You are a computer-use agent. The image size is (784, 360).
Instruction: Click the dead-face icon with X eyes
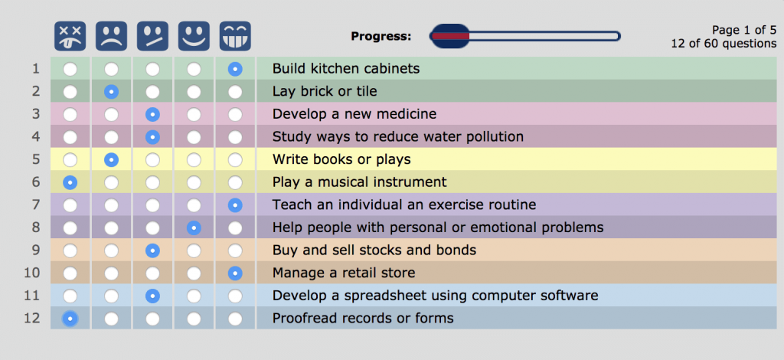[x=70, y=36]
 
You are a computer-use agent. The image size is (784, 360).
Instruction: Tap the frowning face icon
[x=112, y=36]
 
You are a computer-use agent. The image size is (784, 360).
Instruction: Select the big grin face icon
[x=235, y=36]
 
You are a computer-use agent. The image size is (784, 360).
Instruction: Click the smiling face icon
[x=194, y=36]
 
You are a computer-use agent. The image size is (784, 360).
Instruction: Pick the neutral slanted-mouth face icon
[x=152, y=36]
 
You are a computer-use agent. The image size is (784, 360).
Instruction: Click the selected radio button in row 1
[x=235, y=69]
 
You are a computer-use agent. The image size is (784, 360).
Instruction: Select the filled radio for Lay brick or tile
[x=112, y=91]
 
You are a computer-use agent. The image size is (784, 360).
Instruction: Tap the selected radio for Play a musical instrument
[x=70, y=182]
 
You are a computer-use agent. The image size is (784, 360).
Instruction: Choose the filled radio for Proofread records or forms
[x=70, y=319]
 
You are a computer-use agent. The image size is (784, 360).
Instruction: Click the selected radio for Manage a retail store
[x=235, y=273]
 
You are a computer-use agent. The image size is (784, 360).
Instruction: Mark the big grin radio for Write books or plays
[x=235, y=160]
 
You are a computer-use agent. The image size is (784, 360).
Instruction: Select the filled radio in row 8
[x=194, y=228]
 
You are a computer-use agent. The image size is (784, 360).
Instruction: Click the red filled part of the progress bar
[x=450, y=36]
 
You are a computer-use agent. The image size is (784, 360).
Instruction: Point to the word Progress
[x=381, y=37]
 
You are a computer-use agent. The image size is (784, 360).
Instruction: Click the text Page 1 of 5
[x=744, y=30]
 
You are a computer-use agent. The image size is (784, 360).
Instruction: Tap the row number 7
[x=35, y=205]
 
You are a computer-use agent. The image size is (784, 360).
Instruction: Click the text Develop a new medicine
[x=354, y=114]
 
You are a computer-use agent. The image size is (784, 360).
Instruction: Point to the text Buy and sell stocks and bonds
[x=374, y=250]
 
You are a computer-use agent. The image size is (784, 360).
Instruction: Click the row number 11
[x=32, y=296]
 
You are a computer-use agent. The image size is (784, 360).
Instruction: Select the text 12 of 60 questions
[x=724, y=44]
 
